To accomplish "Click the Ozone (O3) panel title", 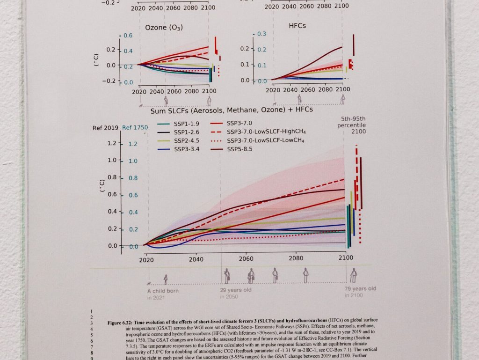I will (x=164, y=27).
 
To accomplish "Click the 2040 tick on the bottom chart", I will (x=196, y=258).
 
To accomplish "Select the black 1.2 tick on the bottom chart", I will (x=111, y=143).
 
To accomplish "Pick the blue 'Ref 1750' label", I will (x=135, y=127).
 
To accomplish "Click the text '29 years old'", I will (x=236, y=290).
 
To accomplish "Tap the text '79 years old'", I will (x=360, y=289).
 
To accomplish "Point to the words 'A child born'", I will (x=163, y=291).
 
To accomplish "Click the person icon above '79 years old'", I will (x=354, y=275).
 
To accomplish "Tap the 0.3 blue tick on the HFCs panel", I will (x=262, y=34).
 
